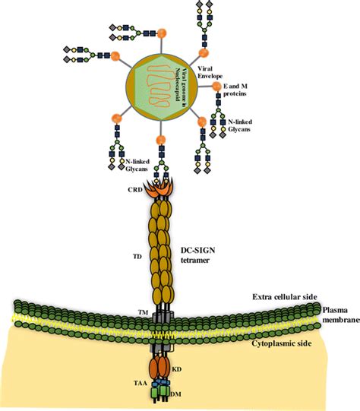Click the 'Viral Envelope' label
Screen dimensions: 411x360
[210, 71]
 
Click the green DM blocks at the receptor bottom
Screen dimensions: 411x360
[161, 394]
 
